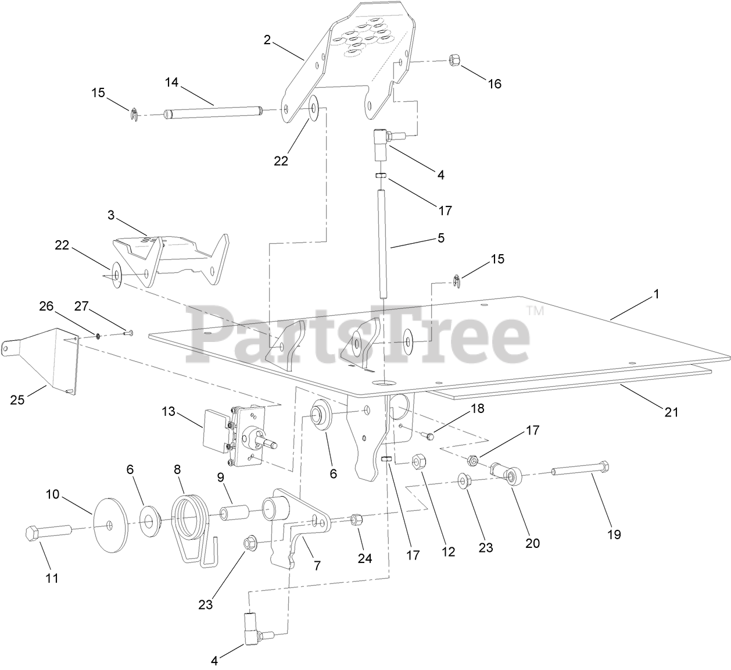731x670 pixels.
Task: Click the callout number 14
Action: coord(171,83)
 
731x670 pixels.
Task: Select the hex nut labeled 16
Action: coord(454,60)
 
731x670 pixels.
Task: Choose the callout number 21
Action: coord(671,412)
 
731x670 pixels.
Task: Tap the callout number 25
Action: coord(17,400)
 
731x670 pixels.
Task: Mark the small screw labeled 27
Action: coord(128,332)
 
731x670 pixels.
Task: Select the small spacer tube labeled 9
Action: coord(234,514)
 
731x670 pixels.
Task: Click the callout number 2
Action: coord(267,40)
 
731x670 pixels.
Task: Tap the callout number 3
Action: coord(111,215)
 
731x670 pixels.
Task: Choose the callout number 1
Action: coord(657,294)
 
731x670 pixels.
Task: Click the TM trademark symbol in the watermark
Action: coord(535,311)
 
